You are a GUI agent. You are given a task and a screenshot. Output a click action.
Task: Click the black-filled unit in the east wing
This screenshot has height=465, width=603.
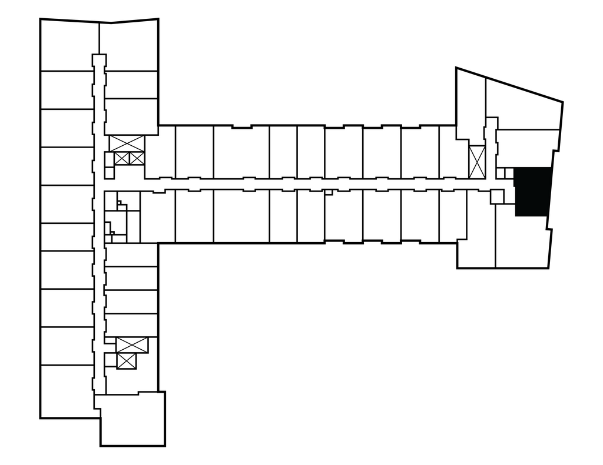[x=533, y=192]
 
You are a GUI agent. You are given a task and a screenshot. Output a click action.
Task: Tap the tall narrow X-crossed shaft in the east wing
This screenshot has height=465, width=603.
[x=476, y=162]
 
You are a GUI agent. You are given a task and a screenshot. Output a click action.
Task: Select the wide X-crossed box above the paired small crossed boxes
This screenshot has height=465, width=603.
[x=127, y=143]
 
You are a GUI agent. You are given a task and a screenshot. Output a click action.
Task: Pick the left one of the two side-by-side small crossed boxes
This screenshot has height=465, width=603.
[x=122, y=158]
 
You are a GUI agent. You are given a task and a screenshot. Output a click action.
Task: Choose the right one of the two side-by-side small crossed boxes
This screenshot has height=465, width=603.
[x=136, y=158]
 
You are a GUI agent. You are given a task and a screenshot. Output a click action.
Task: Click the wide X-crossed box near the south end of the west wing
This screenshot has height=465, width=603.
[x=132, y=345]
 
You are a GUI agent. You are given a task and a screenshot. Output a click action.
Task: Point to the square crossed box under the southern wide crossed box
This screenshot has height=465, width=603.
[x=127, y=361]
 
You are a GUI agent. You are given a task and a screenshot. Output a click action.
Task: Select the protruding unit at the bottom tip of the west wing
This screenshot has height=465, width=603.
[x=132, y=419]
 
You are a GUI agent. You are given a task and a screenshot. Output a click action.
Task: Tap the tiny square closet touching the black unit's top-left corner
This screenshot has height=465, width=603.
[x=509, y=173]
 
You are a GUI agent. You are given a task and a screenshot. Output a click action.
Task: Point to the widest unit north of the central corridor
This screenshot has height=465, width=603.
[x=241, y=152]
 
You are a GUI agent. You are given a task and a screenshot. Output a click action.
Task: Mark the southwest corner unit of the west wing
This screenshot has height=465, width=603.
[x=66, y=391]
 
